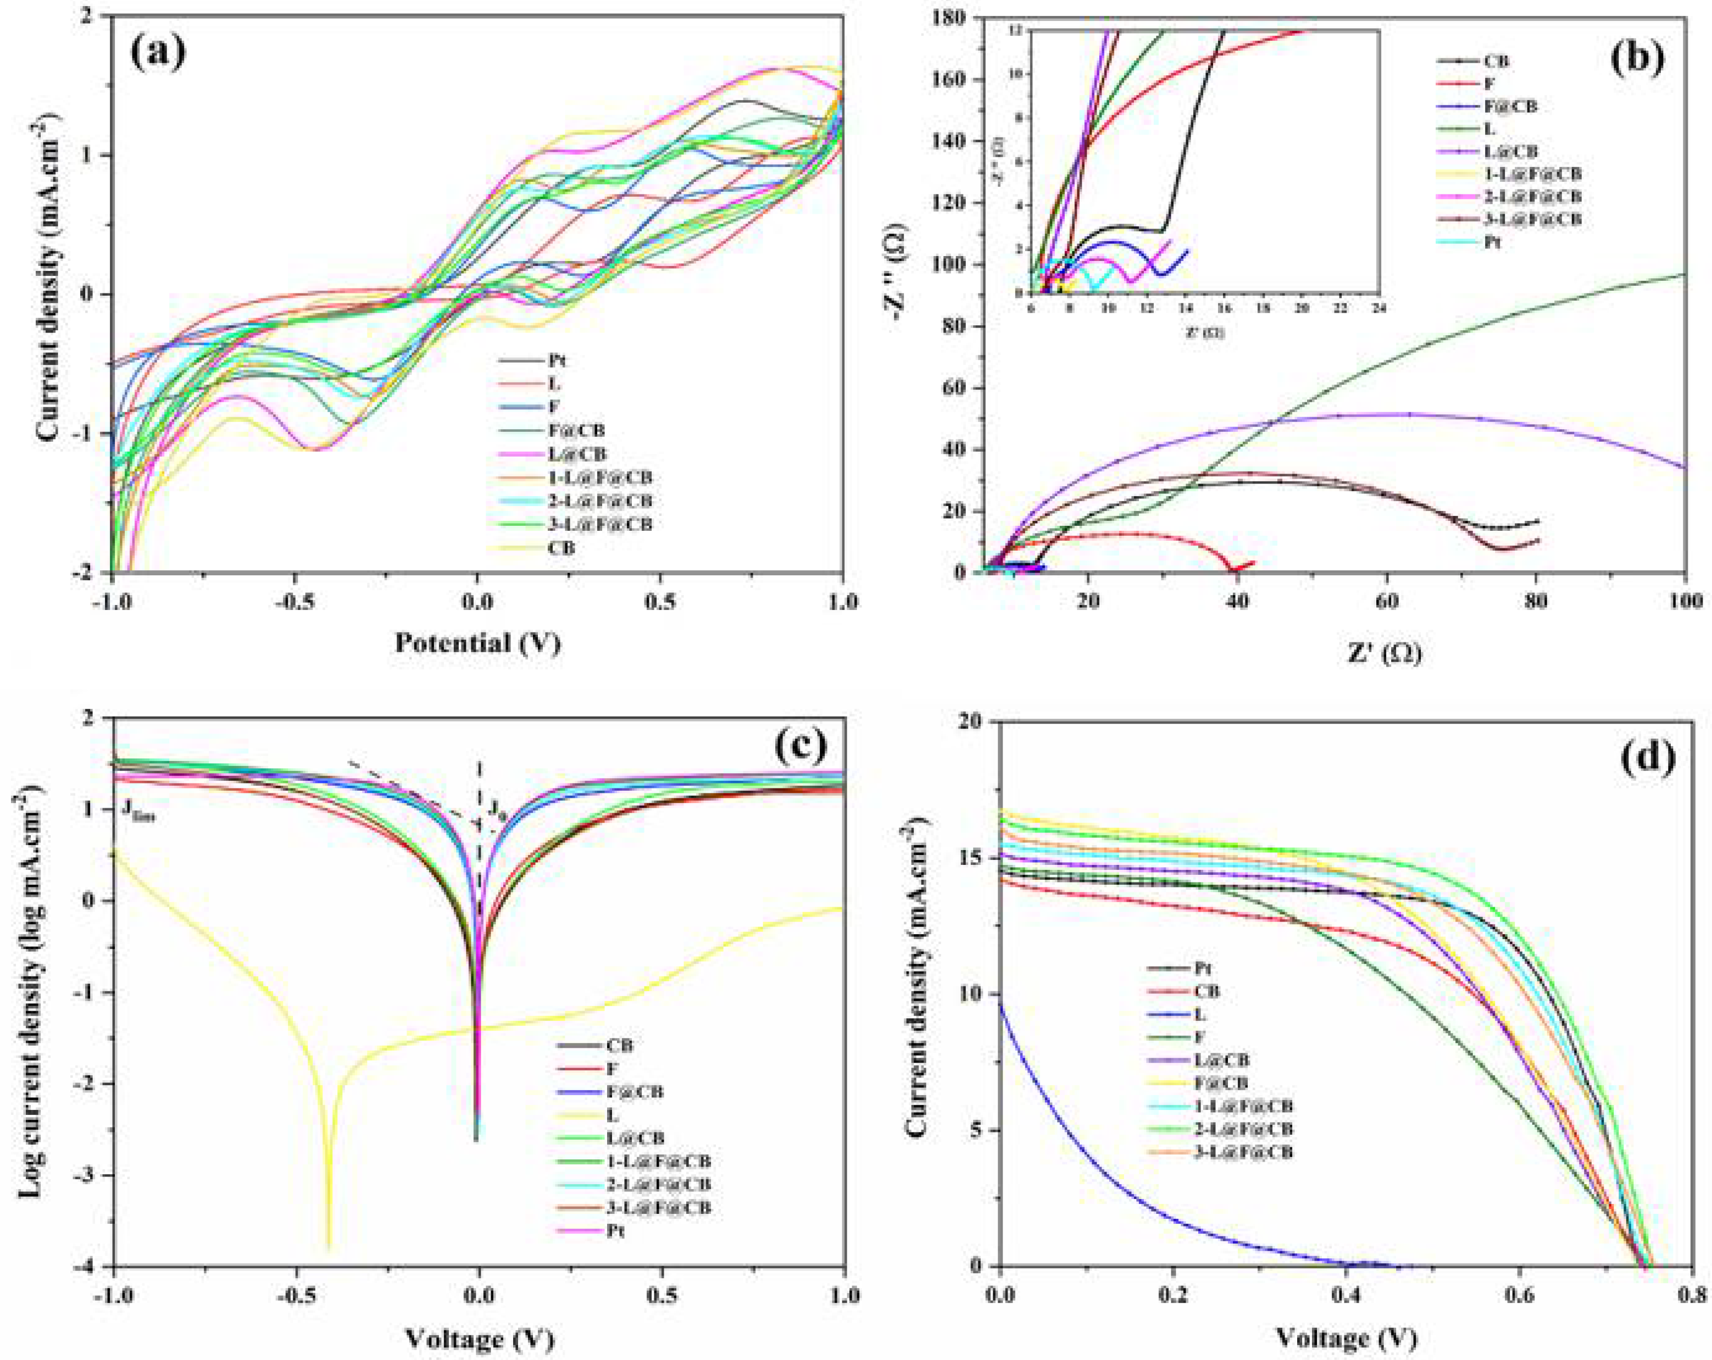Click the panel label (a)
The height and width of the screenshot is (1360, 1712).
[x=159, y=52]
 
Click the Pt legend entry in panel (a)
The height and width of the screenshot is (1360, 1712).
[x=556, y=360]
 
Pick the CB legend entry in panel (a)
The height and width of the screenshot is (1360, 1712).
[x=560, y=548]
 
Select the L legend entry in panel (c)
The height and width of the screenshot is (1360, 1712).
[x=612, y=1115]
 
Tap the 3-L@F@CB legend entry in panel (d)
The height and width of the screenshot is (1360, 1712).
[x=1243, y=1152]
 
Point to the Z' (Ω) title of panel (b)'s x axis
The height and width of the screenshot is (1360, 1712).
[x=1384, y=653]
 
